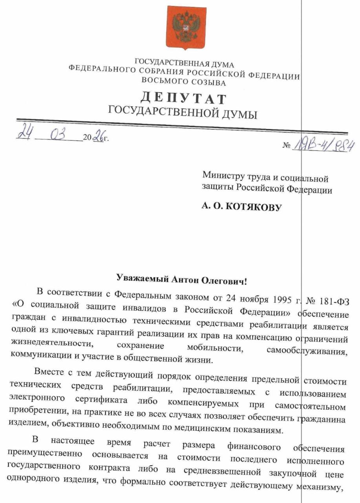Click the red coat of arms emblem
click(x=186, y=27)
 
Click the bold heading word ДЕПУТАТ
click(x=183, y=98)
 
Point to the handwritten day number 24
click(x=26, y=131)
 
